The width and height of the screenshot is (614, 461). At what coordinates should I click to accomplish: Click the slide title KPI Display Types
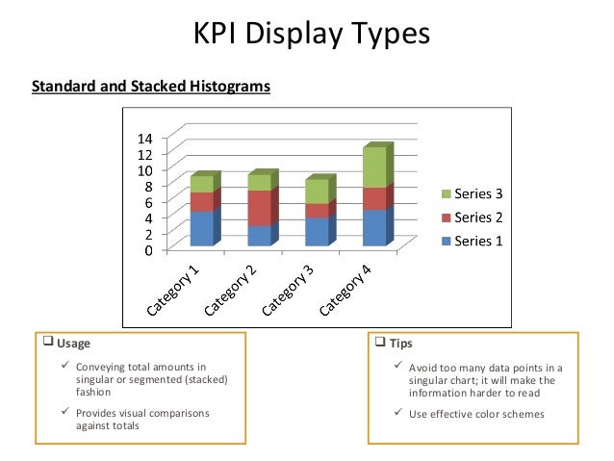point(307,35)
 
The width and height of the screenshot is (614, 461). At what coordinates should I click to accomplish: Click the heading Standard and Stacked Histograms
point(151,87)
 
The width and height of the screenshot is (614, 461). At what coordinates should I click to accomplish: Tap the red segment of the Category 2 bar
point(260,208)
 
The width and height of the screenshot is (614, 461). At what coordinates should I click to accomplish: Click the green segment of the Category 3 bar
point(317,192)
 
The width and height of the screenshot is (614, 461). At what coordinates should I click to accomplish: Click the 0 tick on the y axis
point(148,250)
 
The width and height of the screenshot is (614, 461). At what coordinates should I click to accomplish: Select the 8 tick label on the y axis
point(148,186)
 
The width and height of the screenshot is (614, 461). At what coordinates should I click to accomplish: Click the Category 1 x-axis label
point(175,290)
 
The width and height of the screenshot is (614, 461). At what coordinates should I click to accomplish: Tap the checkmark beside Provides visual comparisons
point(64,414)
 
